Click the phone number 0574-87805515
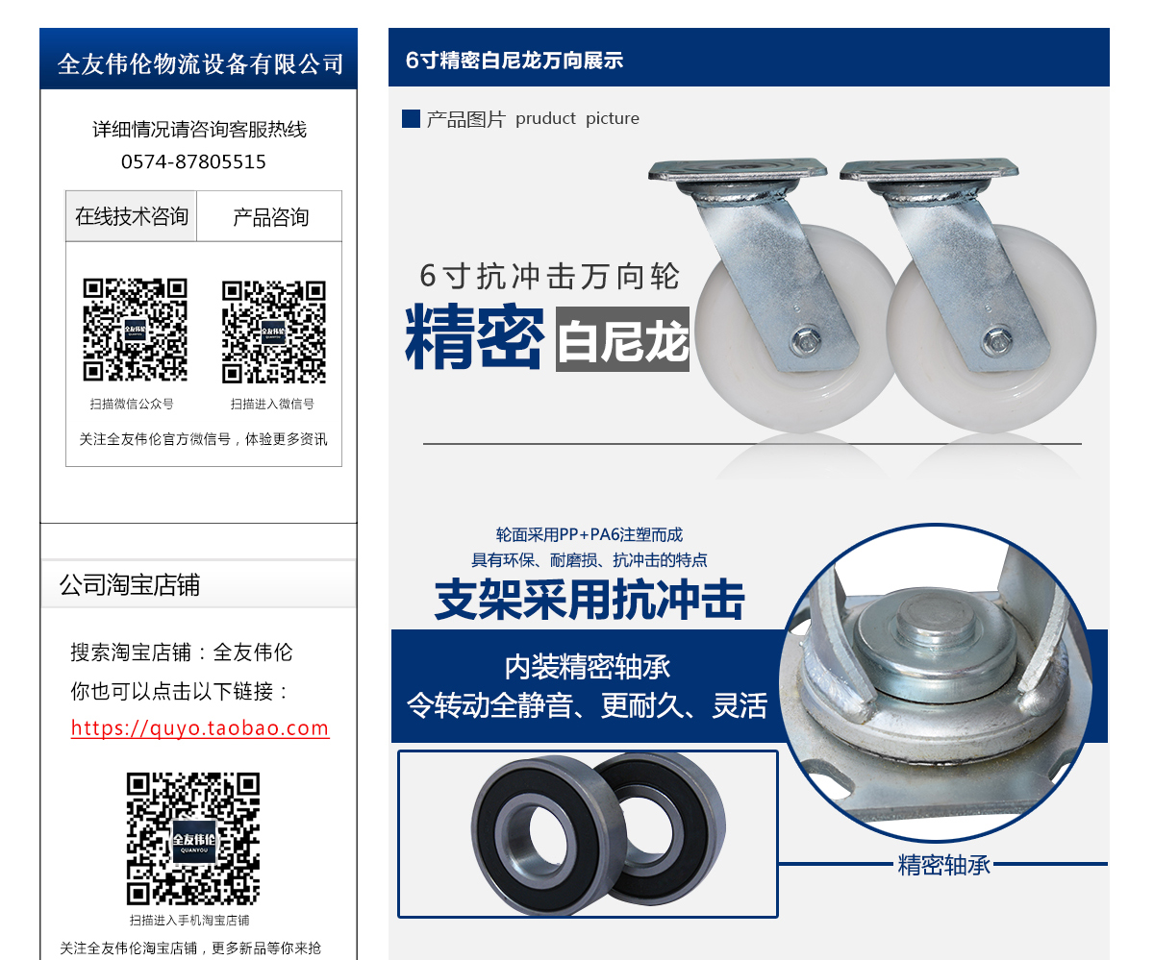click(193, 161)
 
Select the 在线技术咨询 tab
click(132, 216)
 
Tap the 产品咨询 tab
click(270, 217)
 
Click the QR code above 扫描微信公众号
click(135, 330)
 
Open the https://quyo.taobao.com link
click(200, 728)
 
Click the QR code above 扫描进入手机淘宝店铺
click(193, 838)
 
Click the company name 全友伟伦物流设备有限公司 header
click(199, 63)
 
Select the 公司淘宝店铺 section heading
click(130, 585)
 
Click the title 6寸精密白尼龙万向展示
click(514, 61)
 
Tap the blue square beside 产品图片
click(411, 119)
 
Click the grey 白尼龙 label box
click(622, 338)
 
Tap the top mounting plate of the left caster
click(737, 171)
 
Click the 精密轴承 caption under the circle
click(943, 865)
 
